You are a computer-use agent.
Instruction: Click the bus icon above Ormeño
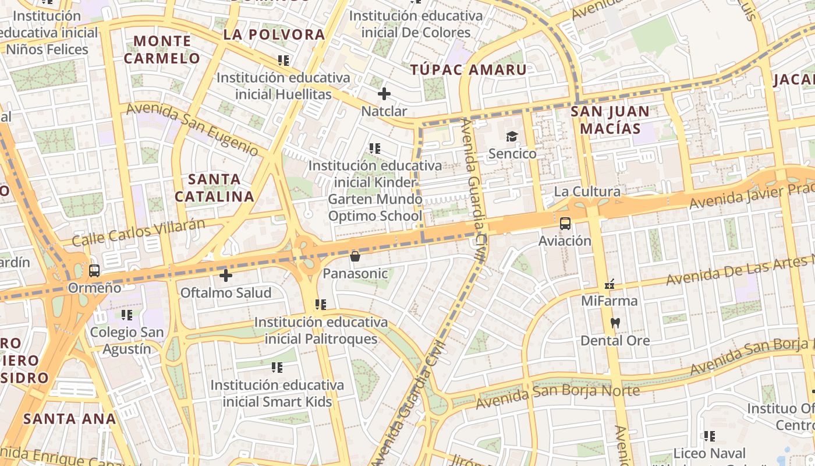pyautogui.click(x=94, y=271)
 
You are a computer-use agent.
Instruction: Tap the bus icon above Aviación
pyautogui.click(x=565, y=223)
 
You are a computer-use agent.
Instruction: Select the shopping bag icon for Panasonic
pyautogui.click(x=355, y=256)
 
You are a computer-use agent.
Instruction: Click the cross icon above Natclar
pyautogui.click(x=384, y=93)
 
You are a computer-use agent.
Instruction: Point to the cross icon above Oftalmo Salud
pyautogui.click(x=226, y=276)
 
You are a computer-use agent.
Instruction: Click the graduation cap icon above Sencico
pyautogui.click(x=512, y=137)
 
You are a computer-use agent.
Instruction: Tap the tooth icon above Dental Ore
pyautogui.click(x=615, y=323)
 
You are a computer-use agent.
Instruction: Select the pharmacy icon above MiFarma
pyautogui.click(x=610, y=284)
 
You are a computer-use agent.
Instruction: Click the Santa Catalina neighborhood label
pyautogui.click(x=215, y=188)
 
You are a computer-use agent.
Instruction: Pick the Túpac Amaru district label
pyautogui.click(x=469, y=70)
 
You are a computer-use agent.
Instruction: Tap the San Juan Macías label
pyautogui.click(x=610, y=119)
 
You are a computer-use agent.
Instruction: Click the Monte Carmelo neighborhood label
pyautogui.click(x=162, y=50)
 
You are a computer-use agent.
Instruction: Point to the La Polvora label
pyautogui.click(x=274, y=34)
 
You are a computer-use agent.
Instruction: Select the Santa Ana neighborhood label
pyautogui.click(x=70, y=418)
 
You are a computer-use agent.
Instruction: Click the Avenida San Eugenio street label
pyautogui.click(x=192, y=129)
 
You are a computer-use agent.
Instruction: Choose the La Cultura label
pyautogui.click(x=587, y=192)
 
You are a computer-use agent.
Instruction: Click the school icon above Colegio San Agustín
pyautogui.click(x=127, y=315)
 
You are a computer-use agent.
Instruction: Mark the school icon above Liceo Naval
pyautogui.click(x=709, y=436)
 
